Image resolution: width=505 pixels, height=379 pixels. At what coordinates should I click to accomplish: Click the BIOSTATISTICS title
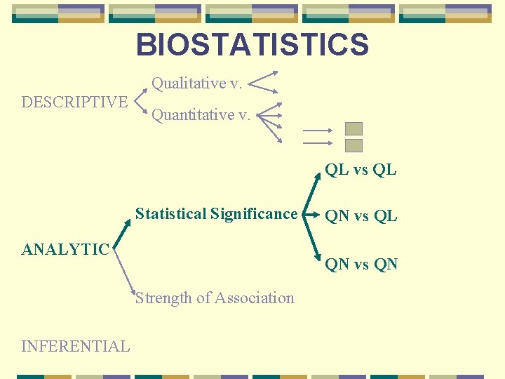[x=252, y=45]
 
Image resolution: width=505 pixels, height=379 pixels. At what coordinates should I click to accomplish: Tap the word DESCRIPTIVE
[x=74, y=102]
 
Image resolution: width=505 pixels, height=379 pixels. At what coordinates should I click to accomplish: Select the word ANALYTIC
[x=65, y=249]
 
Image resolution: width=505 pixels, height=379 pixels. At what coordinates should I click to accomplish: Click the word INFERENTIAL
[x=76, y=346]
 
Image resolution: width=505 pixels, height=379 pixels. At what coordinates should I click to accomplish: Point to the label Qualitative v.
[x=197, y=84]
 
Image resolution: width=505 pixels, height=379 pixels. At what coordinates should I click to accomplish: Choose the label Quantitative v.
[x=201, y=114]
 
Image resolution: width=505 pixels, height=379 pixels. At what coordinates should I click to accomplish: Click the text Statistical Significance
[x=216, y=214]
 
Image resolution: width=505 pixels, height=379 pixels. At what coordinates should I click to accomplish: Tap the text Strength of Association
[x=215, y=298]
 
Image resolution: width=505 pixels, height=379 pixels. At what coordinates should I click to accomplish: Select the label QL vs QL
[x=361, y=170]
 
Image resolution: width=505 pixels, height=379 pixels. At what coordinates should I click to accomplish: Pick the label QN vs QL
[x=361, y=216]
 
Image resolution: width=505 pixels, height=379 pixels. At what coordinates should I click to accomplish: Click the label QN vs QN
[x=361, y=264]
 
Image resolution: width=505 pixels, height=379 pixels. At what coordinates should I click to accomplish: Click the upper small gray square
[x=354, y=129]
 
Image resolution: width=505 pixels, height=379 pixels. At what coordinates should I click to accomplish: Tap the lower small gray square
[x=354, y=145]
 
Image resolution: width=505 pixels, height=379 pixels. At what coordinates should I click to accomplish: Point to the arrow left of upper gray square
[x=317, y=130]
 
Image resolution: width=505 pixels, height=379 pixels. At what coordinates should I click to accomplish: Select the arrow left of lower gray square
[x=317, y=143]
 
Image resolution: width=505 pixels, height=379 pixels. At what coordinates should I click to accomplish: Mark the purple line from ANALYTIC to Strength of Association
[x=124, y=270]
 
